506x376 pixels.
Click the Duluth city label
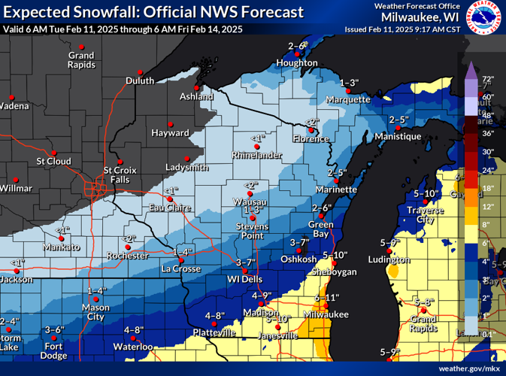[x=140, y=81]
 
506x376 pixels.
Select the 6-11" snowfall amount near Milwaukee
[x=327, y=298]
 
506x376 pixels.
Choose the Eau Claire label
[x=169, y=208]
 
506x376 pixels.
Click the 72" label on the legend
[x=487, y=79]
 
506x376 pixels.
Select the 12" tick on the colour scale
[x=487, y=206]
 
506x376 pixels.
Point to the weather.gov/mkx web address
[x=471, y=368]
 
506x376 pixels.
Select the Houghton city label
[x=298, y=63]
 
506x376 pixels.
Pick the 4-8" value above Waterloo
[x=133, y=330]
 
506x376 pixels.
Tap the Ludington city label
[x=389, y=259]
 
